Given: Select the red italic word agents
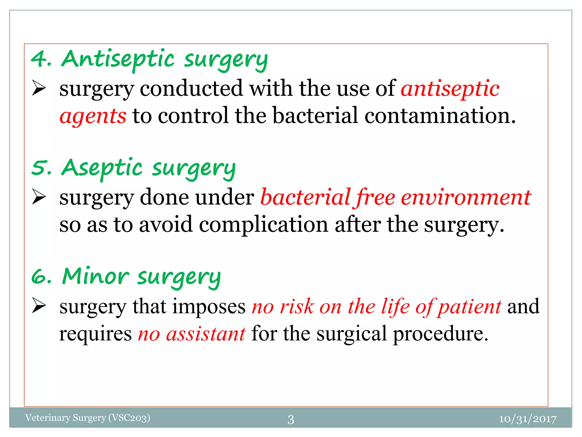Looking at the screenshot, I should (x=93, y=116).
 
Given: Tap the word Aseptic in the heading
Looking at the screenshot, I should (x=102, y=168).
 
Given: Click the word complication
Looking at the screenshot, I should (x=263, y=224).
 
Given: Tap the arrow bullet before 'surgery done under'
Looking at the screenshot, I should (x=39, y=197).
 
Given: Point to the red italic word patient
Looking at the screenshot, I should (x=469, y=307).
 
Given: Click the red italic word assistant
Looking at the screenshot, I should (x=205, y=334).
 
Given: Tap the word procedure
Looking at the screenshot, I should (x=440, y=334).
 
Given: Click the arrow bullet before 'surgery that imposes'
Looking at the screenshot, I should (x=39, y=306).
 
